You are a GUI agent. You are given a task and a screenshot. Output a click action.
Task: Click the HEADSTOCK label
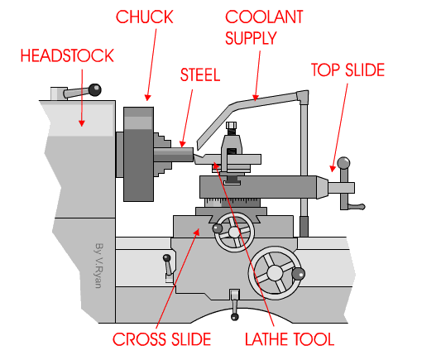pyautogui.click(x=67, y=55)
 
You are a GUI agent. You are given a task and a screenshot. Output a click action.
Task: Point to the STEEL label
pyautogui.click(x=200, y=74)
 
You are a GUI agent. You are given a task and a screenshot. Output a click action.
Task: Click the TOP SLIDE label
pyautogui.click(x=348, y=70)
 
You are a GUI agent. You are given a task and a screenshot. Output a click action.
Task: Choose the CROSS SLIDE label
pyautogui.click(x=161, y=338)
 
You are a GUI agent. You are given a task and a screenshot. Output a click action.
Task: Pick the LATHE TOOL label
pyautogui.click(x=289, y=338)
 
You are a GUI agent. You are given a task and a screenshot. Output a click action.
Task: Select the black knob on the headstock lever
pyautogui.click(x=97, y=88)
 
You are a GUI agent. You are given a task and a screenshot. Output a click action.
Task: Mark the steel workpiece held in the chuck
pyautogui.click(x=182, y=153)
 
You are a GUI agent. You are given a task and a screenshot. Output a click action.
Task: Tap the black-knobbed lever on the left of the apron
pyautogui.click(x=167, y=269)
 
